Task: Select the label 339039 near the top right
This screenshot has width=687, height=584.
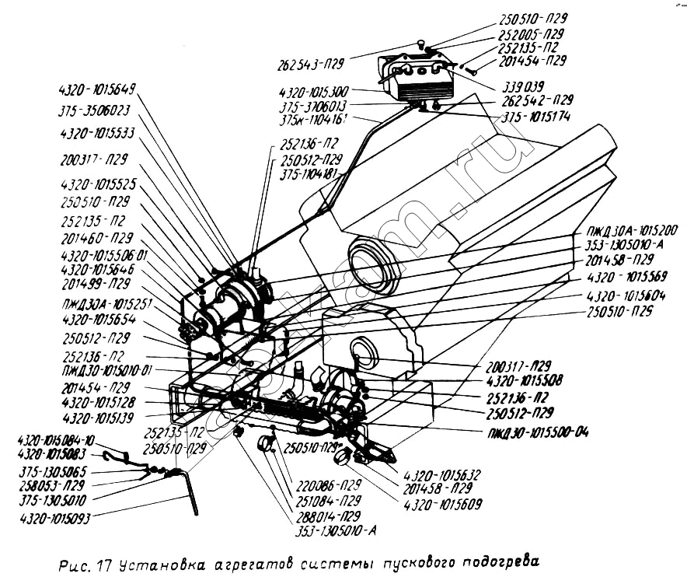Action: click(522, 86)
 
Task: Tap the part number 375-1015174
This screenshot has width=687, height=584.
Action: click(536, 117)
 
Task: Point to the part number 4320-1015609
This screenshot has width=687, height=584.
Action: click(442, 504)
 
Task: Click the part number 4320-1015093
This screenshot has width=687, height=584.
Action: click(54, 517)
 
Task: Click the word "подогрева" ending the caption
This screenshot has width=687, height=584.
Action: click(496, 562)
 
